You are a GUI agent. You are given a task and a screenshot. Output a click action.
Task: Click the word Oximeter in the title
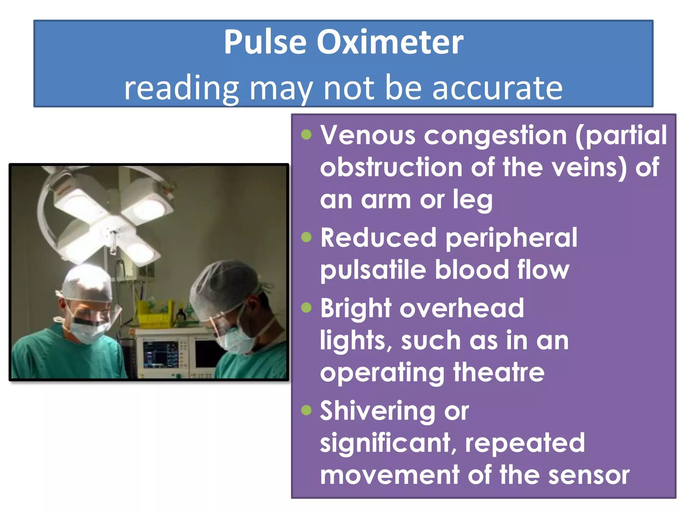pyautogui.click(x=390, y=42)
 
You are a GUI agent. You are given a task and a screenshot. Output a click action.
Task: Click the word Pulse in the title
pyautogui.click(x=265, y=42)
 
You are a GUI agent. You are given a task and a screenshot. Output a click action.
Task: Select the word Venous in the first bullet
pyautogui.click(x=368, y=135)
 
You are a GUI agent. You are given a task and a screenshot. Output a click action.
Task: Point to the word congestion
pyautogui.click(x=495, y=135)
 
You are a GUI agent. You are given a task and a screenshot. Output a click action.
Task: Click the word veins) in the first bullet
pyautogui.click(x=589, y=167)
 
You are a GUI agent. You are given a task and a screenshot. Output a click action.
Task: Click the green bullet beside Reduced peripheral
pyautogui.click(x=306, y=237)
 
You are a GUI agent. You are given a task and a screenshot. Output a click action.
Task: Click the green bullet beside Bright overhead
pyautogui.click(x=306, y=307)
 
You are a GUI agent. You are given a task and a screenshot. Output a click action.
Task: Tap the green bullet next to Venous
pyautogui.click(x=306, y=135)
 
